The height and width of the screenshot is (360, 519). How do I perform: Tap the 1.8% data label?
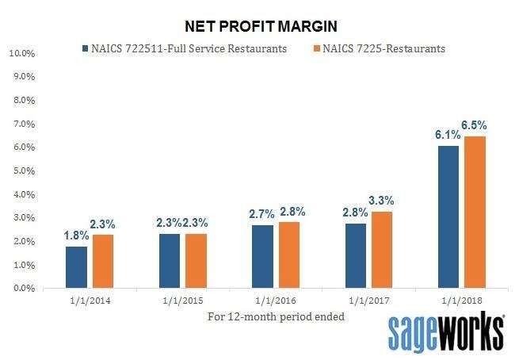coord(75,236)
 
